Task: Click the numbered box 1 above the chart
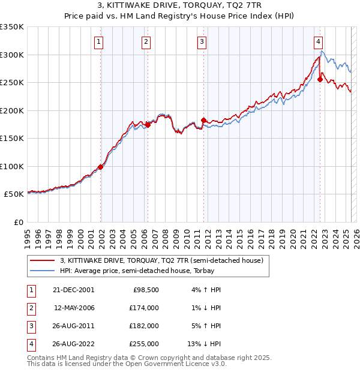pyautogui.click(x=98, y=41)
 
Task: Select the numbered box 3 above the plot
pyautogui.click(x=202, y=41)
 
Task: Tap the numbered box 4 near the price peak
pyautogui.click(x=318, y=41)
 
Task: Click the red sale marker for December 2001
pyautogui.click(x=101, y=167)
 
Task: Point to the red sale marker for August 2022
pyautogui.click(x=320, y=80)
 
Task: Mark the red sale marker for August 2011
pyautogui.click(x=204, y=121)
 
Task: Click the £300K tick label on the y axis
pyautogui.click(x=12, y=55)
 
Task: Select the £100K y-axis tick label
pyautogui.click(x=12, y=166)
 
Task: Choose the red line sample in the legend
pyautogui.click(x=43, y=261)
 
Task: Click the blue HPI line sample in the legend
pyautogui.click(x=43, y=271)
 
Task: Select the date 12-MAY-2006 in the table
pyautogui.click(x=74, y=308)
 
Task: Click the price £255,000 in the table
pyautogui.click(x=144, y=344)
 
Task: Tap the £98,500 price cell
pyautogui.click(x=146, y=290)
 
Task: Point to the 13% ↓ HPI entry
pyautogui.click(x=205, y=344)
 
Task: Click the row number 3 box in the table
pyautogui.click(x=30, y=326)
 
